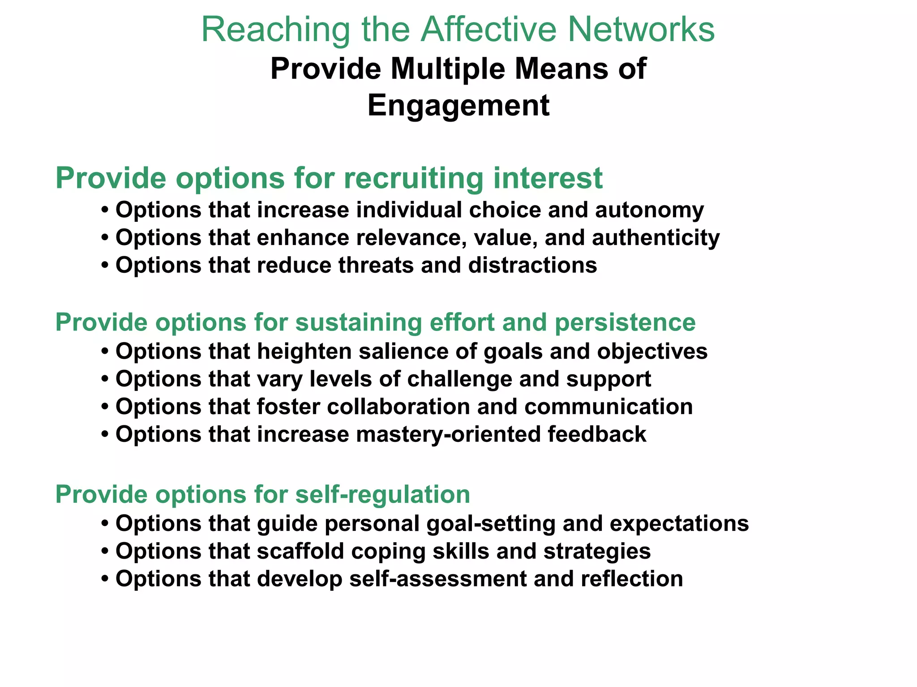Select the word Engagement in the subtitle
(458, 106)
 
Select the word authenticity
(656, 237)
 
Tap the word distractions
(532, 265)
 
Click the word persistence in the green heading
(625, 322)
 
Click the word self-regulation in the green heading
(383, 495)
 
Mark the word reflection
(632, 579)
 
